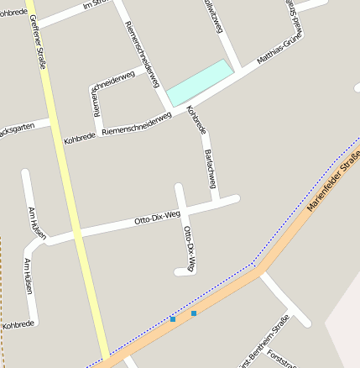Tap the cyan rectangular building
point(200,81)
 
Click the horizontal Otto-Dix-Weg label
point(158,220)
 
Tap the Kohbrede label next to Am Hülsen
point(18,323)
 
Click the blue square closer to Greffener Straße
point(173,319)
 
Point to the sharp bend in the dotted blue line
point(253,265)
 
